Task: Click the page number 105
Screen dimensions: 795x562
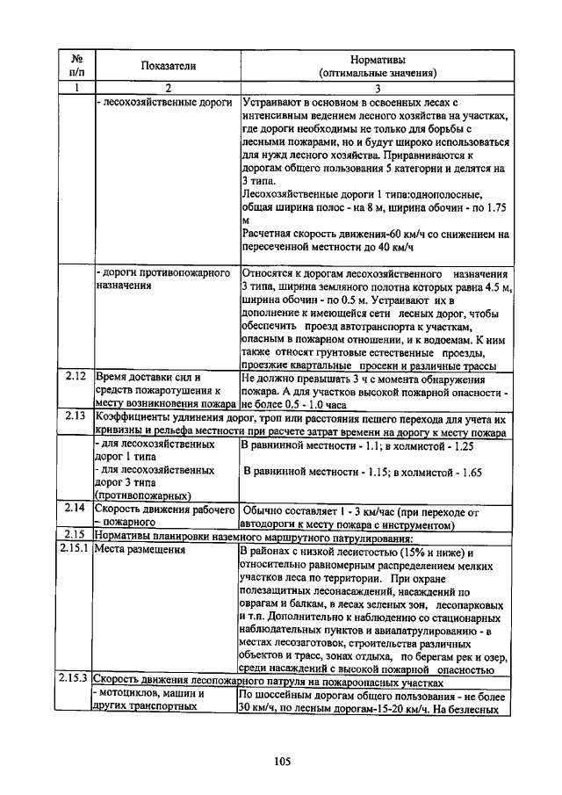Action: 281,761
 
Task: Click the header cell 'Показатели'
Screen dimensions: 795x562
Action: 168,66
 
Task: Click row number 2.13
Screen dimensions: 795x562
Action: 76,416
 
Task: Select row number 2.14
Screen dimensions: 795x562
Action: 76,510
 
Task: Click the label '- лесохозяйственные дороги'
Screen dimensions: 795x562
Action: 164,103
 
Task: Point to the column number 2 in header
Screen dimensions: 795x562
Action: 166,88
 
